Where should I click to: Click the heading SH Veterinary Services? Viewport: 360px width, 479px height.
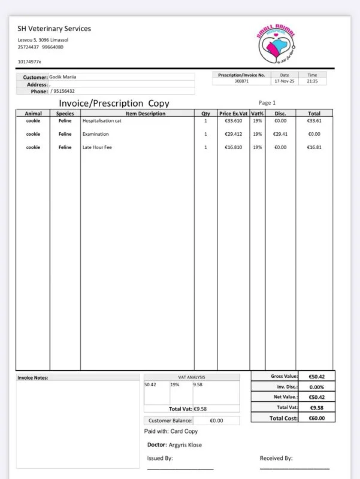pos(55,29)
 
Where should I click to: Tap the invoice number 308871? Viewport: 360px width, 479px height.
pos(241,81)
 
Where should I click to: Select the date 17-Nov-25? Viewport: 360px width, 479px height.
pos(285,81)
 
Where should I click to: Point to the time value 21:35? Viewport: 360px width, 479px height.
pos(312,81)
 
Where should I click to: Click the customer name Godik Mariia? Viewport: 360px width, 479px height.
pos(62,77)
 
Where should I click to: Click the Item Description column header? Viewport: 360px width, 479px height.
pos(137,113)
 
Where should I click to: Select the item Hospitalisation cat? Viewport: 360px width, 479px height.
pos(102,120)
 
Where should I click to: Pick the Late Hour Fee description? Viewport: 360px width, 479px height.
pos(97,147)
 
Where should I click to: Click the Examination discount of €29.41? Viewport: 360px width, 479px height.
pos(280,134)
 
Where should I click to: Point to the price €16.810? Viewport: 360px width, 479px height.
pos(233,147)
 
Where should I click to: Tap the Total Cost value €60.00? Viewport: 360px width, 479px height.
pos(316,418)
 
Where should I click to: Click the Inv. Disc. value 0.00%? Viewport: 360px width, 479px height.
pos(316,387)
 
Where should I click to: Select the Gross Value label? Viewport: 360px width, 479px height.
pos(284,376)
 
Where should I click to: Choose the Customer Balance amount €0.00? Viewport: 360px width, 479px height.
pos(216,420)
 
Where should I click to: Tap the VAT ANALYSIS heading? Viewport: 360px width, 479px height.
pos(192,377)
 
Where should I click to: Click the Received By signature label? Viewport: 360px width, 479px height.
pos(276,458)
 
